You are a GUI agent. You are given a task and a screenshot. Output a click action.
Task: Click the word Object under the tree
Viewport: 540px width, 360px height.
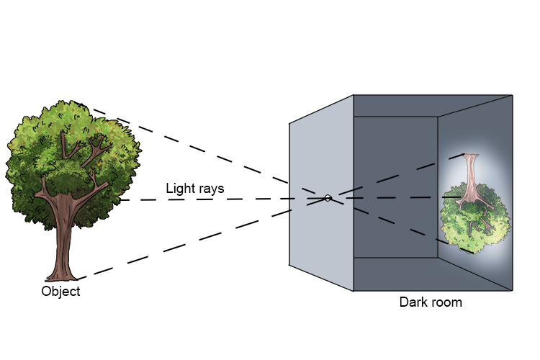[61, 292]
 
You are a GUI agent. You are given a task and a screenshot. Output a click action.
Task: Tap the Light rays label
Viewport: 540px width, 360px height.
[194, 189]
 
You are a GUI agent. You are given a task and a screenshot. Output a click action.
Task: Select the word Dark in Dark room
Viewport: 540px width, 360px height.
[413, 302]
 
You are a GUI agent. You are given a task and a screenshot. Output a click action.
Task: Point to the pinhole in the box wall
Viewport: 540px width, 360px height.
[328, 198]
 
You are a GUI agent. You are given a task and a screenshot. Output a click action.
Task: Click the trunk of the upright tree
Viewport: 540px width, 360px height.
[63, 238]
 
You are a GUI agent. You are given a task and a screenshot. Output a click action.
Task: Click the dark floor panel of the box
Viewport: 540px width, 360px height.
[432, 274]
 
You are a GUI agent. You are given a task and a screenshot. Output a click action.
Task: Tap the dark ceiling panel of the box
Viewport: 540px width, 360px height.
[432, 105]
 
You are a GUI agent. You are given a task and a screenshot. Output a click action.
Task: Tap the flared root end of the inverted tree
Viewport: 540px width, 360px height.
[472, 158]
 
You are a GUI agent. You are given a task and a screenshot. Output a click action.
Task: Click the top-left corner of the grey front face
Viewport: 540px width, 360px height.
[290, 122]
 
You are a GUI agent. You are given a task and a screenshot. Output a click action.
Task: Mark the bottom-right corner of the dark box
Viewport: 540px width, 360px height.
[512, 290]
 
